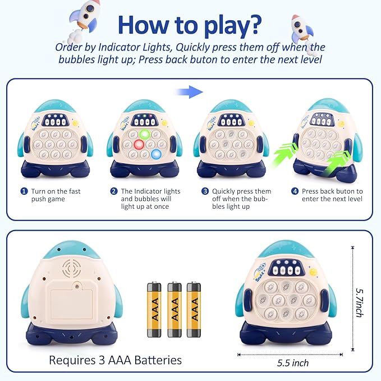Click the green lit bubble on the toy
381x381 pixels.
[x=145, y=134]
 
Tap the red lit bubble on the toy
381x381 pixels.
[x=139, y=145]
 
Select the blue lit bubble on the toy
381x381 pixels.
[x=156, y=154]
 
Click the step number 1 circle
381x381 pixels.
[x=24, y=191]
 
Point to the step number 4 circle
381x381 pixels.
[x=295, y=191]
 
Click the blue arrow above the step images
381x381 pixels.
[x=189, y=92]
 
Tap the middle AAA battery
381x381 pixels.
[x=175, y=309]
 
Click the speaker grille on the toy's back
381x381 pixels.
[x=71, y=269]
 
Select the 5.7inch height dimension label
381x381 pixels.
[x=360, y=302]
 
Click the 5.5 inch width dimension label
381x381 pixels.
[x=293, y=363]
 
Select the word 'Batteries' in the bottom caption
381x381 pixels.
[x=158, y=360]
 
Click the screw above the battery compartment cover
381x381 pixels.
[x=77, y=287]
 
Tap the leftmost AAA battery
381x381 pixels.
[x=154, y=309]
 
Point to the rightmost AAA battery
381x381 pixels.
[x=194, y=309]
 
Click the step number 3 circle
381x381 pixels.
[x=205, y=191]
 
